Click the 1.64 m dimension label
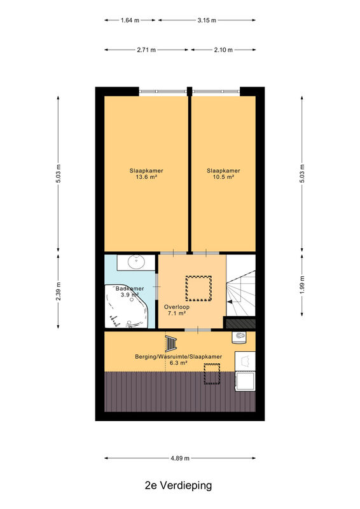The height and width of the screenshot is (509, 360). pyautogui.click(x=130, y=20)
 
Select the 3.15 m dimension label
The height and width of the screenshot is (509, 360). pyautogui.click(x=207, y=20)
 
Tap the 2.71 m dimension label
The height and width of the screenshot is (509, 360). pyautogui.click(x=146, y=50)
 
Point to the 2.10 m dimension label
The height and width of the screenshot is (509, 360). pyautogui.click(x=223, y=50)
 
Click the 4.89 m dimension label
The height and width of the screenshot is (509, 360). pyautogui.click(x=180, y=458)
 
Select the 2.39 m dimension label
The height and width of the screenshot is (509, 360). pyautogui.click(x=59, y=291)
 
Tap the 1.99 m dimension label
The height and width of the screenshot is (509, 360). pyautogui.click(x=302, y=284)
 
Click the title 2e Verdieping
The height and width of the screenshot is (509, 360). pyautogui.click(x=178, y=485)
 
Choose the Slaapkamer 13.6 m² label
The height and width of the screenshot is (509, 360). pyautogui.click(x=146, y=174)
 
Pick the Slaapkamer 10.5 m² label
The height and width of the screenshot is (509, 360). pyautogui.click(x=224, y=174)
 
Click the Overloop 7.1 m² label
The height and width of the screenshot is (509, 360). pyautogui.click(x=177, y=310)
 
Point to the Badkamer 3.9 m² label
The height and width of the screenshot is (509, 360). pyautogui.click(x=130, y=291)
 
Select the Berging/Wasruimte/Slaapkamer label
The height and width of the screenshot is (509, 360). pyautogui.click(x=179, y=357)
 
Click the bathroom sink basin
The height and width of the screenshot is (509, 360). pyautogui.click(x=136, y=262)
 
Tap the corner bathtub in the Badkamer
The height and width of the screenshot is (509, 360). pyautogui.click(x=127, y=307)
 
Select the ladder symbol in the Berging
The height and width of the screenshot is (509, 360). pyautogui.click(x=171, y=344)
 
